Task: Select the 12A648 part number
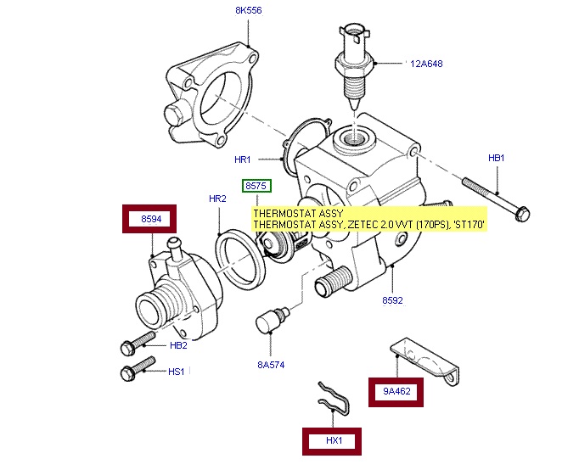426,64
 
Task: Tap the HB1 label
496,158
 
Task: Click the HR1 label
243,159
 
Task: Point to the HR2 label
217,199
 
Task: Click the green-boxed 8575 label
255,185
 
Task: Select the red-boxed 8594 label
151,220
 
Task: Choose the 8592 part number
392,300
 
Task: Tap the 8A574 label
270,365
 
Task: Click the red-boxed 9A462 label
396,392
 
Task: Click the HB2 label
178,345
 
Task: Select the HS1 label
177,371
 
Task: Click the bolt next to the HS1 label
137,370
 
